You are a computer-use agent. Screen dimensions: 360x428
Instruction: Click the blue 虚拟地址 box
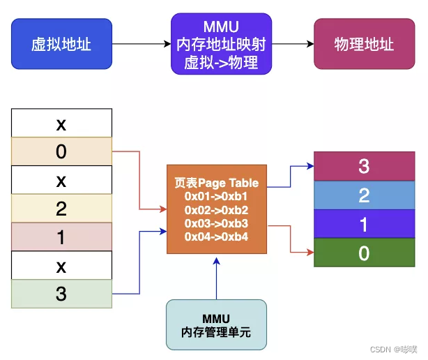coord(61,44)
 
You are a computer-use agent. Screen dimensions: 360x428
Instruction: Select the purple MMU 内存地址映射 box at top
coord(221,44)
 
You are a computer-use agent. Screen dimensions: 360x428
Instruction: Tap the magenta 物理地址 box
coord(364,44)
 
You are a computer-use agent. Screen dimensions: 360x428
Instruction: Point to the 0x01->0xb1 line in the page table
coord(216,196)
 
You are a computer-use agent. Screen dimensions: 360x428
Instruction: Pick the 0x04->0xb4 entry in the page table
coord(216,236)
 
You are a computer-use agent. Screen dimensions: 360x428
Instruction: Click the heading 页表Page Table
coord(216,183)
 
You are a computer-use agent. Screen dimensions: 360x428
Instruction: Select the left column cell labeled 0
coord(61,151)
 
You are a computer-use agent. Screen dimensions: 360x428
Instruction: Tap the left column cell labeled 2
coord(61,208)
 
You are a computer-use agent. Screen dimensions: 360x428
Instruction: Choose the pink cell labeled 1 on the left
coord(61,237)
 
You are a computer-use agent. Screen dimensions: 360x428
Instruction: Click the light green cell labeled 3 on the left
coord(61,294)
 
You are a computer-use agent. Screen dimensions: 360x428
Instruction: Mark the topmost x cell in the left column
coord(61,123)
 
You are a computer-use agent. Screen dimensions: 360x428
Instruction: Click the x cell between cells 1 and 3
coord(61,265)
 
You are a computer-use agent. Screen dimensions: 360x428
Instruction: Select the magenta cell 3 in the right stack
coord(364,166)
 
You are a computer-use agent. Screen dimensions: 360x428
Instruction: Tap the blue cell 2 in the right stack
coord(364,195)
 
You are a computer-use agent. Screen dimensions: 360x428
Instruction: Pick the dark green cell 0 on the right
coord(364,253)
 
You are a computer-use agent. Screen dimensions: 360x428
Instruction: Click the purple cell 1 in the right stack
coord(364,224)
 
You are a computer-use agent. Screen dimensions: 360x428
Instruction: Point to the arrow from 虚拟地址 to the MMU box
coord(142,44)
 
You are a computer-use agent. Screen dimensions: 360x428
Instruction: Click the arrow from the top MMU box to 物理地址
coord(292,44)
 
